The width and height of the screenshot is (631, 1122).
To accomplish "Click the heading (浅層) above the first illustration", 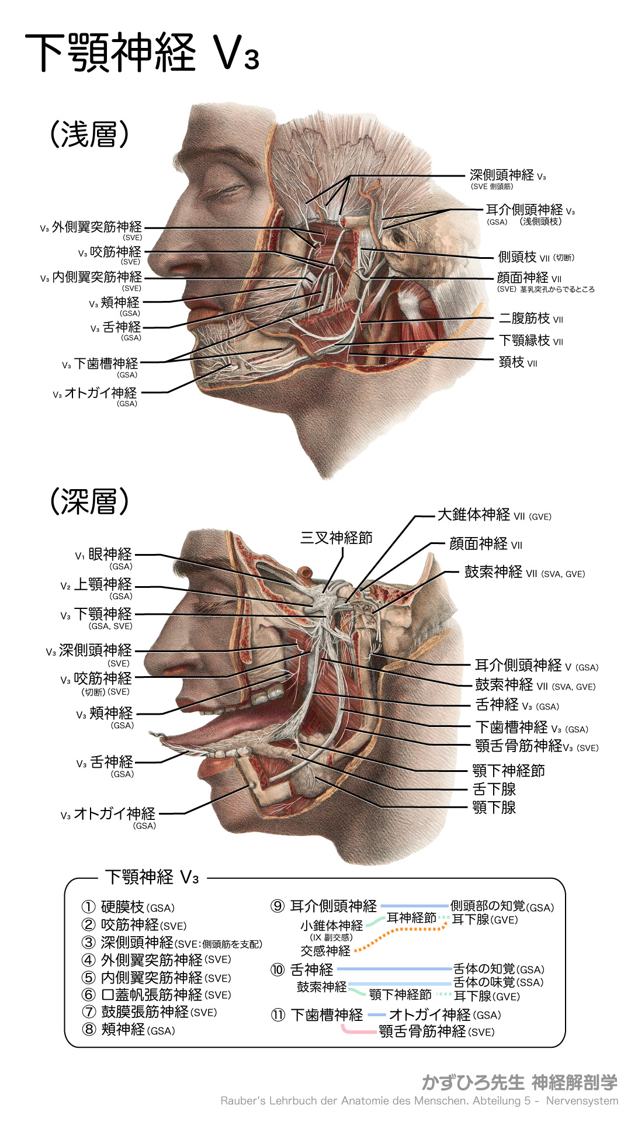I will click(89, 134).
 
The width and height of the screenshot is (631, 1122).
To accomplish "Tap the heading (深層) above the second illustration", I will click(89, 501).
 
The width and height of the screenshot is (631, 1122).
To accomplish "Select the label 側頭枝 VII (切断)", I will click(536, 257).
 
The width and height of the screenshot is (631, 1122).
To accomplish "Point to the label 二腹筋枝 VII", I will click(531, 318).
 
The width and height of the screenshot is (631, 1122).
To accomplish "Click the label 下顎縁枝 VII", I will click(531, 341).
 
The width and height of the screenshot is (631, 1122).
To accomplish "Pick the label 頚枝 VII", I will click(518, 362).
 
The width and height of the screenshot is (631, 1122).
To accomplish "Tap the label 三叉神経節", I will click(336, 538).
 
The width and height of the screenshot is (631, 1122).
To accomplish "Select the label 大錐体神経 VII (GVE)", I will click(494, 515).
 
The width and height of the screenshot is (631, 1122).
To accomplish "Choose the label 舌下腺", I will click(494, 789).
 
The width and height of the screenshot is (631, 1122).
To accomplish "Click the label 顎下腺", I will click(494, 808).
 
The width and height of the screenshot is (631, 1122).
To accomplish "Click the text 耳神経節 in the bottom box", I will click(411, 918).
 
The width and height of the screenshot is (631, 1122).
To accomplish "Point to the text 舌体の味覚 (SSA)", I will click(498, 982).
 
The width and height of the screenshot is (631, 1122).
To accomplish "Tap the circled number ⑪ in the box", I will click(278, 1015).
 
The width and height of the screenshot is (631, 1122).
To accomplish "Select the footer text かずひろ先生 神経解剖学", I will click(519, 1082).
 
